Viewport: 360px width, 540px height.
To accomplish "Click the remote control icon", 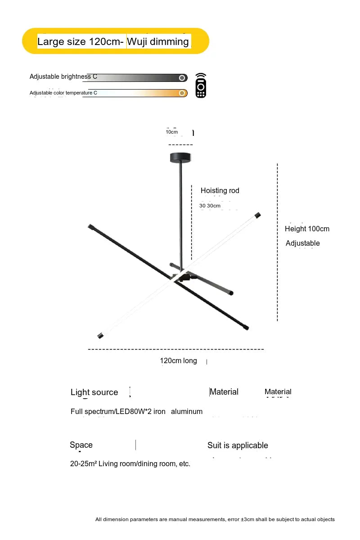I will coord(201,85).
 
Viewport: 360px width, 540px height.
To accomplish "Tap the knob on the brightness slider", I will coord(182,78).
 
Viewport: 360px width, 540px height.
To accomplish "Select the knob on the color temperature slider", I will coord(182,93).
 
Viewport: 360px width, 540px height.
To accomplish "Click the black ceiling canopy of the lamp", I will coord(180,157).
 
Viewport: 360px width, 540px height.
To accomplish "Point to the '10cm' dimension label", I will coord(172,132).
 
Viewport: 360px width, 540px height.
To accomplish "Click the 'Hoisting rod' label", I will coord(220,191).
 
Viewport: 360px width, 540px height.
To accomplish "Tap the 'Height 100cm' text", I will coord(307,229).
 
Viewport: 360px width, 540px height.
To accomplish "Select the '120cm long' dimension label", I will coord(178,360).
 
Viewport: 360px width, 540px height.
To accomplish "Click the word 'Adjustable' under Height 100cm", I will coord(302,243).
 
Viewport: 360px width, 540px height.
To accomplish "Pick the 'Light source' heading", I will coord(94,392).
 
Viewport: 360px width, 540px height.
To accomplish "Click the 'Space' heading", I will coord(81,445).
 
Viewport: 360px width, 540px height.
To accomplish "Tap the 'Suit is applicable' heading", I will coord(238,445).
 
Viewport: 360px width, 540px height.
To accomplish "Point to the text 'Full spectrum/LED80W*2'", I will coord(111,411).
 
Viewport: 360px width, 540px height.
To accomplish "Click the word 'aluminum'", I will coord(187,411).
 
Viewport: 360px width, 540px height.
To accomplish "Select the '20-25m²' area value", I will coord(83,463).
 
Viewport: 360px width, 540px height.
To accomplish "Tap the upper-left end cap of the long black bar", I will coord(91,227).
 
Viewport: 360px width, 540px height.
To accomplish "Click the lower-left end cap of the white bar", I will coord(100,336).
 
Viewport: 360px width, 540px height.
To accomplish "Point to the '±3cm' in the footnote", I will coord(248,519).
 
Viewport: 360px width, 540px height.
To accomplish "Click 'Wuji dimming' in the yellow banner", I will coord(158,41).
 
